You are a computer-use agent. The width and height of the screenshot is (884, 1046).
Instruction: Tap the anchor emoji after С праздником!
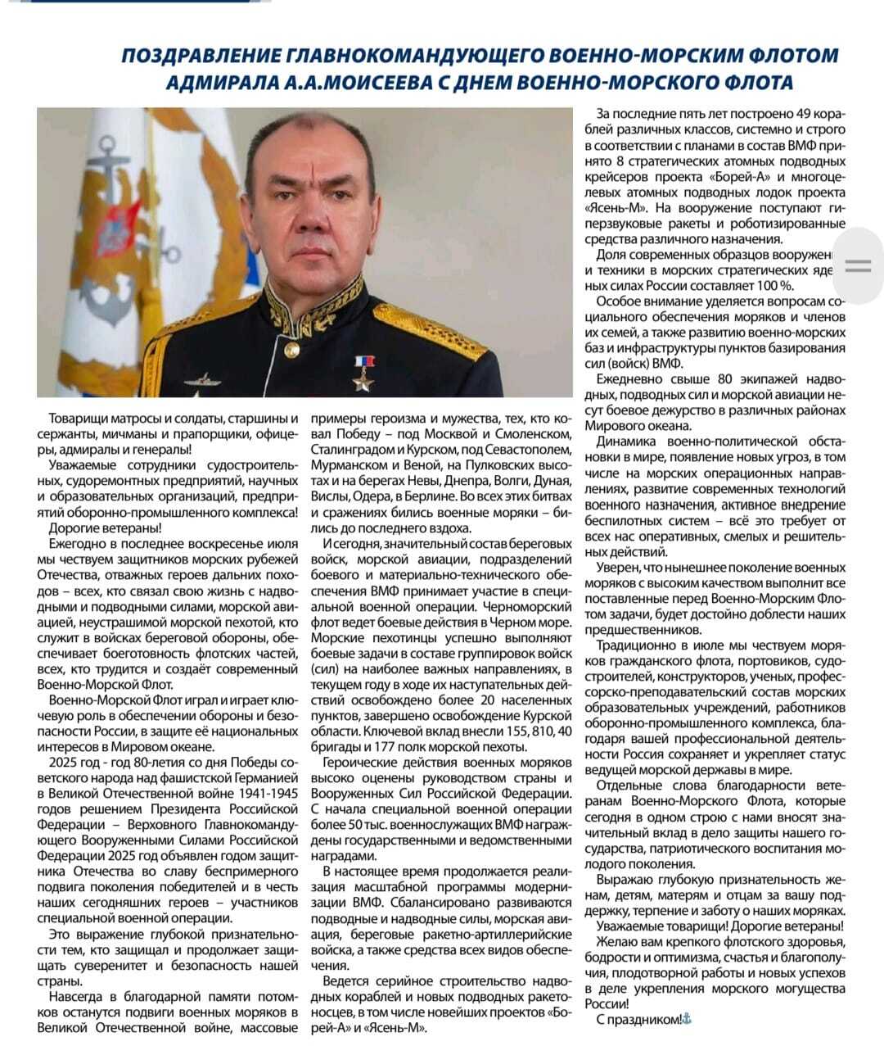click(x=687, y=1018)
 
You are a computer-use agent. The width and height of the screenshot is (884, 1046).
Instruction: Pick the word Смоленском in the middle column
click(x=531, y=433)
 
